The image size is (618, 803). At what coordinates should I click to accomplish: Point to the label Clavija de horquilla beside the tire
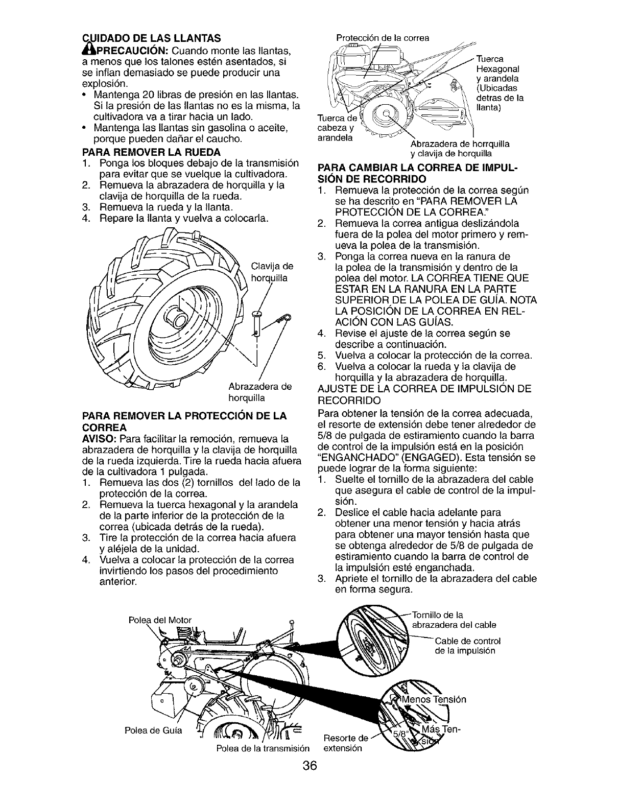tap(270, 272)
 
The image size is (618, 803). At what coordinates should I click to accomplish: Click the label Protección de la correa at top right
tap(382, 37)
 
